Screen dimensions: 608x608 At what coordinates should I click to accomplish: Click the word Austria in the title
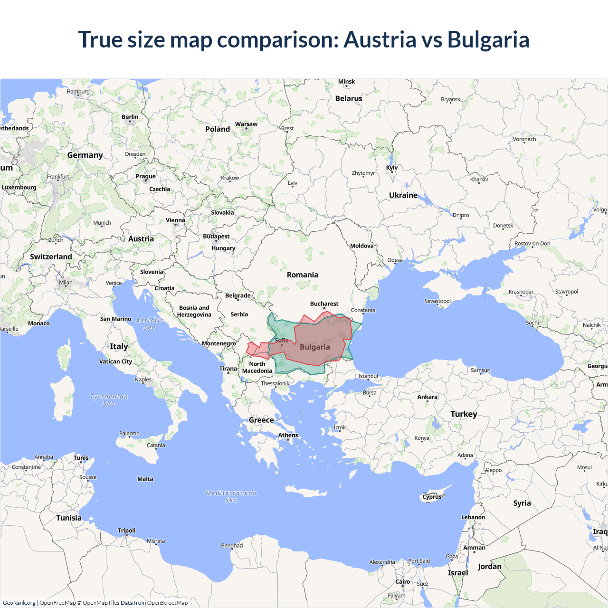[380, 39]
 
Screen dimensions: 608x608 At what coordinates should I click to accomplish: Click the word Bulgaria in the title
[488, 39]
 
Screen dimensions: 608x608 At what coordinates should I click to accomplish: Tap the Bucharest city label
[324, 304]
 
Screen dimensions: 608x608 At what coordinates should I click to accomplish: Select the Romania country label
[303, 275]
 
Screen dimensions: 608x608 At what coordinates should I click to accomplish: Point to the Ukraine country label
[403, 195]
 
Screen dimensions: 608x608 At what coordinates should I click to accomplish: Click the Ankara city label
[427, 397]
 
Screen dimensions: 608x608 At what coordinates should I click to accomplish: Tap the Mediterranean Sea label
[231, 496]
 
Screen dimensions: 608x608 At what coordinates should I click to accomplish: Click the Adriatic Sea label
[150, 324]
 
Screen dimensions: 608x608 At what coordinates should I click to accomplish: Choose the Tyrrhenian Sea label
[109, 400]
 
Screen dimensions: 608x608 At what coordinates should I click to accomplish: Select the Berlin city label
[130, 117]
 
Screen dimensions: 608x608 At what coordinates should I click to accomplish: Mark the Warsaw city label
[246, 124]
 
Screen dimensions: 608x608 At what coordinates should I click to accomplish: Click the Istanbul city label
[368, 376]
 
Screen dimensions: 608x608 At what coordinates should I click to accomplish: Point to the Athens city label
[288, 435]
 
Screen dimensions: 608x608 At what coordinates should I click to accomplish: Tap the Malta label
[145, 479]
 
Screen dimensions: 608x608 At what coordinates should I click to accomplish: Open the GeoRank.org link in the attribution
[19, 603]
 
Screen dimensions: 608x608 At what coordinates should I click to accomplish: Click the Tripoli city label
[127, 531]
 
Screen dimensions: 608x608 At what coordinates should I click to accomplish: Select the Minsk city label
[346, 82]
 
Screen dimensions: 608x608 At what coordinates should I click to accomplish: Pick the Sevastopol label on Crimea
[437, 301]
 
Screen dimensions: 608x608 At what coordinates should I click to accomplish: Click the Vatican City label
[115, 361]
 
